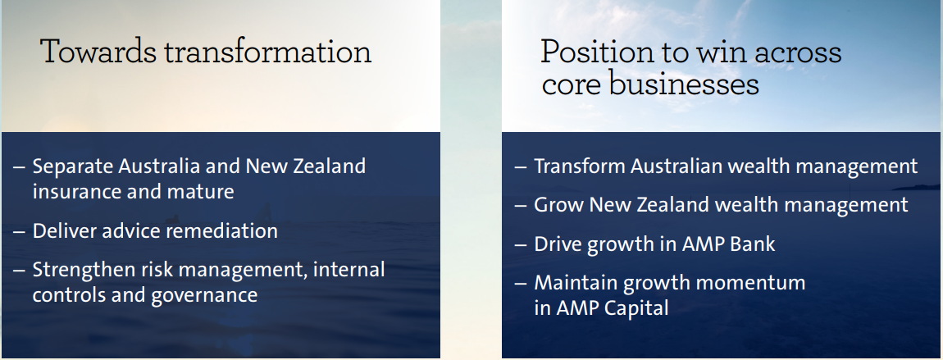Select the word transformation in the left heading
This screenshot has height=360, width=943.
click(x=268, y=51)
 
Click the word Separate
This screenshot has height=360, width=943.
click(x=72, y=166)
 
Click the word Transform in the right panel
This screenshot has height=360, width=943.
click(x=579, y=166)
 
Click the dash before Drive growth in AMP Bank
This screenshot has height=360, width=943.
click(x=521, y=245)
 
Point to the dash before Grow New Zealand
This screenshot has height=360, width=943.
click(x=521, y=206)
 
